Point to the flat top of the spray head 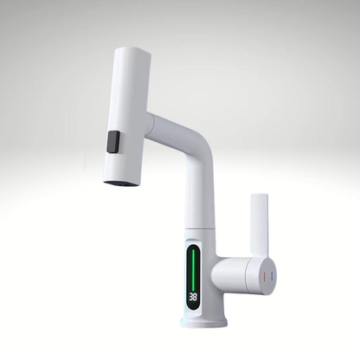tap(131, 53)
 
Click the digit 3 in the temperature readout tap(190, 296)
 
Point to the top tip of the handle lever tap(259, 196)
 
